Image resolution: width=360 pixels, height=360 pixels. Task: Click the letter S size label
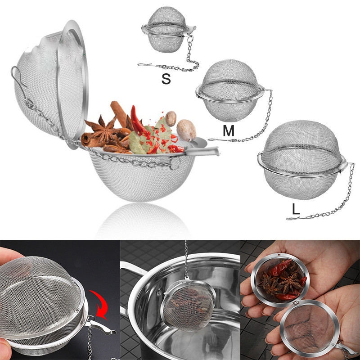pos(166,79)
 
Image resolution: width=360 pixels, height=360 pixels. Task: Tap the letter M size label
pos(229,130)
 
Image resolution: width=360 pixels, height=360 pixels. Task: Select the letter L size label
pos(296,209)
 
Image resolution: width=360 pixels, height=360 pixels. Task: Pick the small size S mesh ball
pos(167,30)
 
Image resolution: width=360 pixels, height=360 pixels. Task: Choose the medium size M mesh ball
pos(229,91)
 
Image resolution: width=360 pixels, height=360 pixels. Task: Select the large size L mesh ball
pos(301,160)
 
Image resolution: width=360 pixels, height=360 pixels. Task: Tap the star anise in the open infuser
pos(104,130)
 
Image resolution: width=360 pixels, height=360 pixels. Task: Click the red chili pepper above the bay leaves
pos(139,121)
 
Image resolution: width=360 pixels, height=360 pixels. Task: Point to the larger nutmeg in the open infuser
pos(186,130)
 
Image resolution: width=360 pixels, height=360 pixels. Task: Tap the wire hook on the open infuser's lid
pos(18,79)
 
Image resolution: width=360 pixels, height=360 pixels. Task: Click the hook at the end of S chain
pos(144,65)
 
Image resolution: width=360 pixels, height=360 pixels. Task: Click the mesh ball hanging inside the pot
pos(188,306)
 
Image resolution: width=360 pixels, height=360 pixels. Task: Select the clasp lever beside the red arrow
pos(100,326)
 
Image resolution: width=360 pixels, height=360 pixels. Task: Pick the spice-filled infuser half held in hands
pos(280,280)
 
